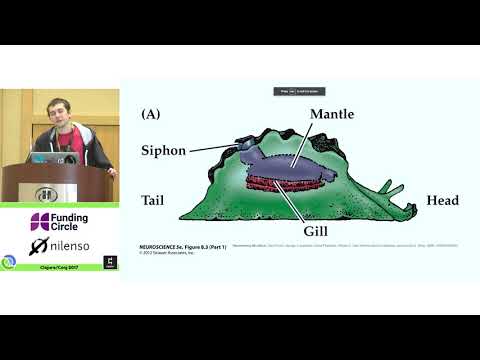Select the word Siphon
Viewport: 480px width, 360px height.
coord(163,150)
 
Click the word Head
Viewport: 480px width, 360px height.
coord(442,200)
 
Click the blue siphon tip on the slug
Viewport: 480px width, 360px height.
coord(246,145)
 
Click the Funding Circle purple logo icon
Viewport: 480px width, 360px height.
coord(40,221)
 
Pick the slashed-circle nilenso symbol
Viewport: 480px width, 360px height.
coord(39,246)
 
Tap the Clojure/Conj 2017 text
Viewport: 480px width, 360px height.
coord(59,268)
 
